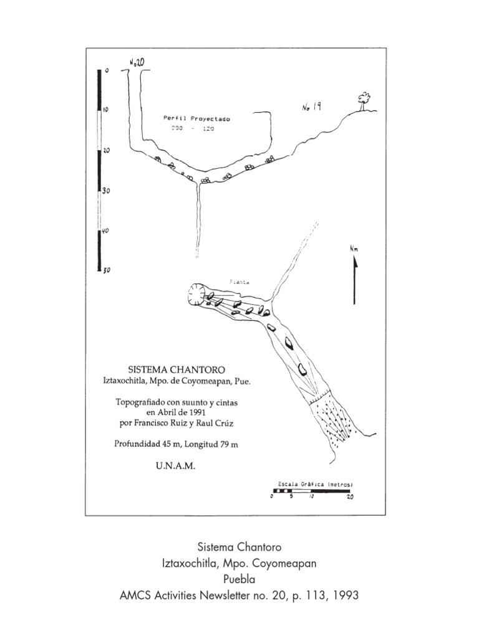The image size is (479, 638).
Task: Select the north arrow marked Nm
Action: pyautogui.click(x=354, y=274)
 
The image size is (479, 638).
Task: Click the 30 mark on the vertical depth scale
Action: pyautogui.click(x=106, y=191)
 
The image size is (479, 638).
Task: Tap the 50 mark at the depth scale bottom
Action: pyautogui.click(x=106, y=270)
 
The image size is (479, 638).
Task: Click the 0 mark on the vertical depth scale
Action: pyautogui.click(x=107, y=71)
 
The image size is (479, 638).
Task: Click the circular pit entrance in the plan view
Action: pyautogui.click(x=198, y=294)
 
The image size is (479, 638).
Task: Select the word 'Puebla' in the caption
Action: pyautogui.click(x=239, y=579)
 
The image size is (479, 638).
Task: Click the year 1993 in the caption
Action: pyautogui.click(x=346, y=596)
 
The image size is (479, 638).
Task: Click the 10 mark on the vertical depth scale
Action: pyautogui.click(x=106, y=110)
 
